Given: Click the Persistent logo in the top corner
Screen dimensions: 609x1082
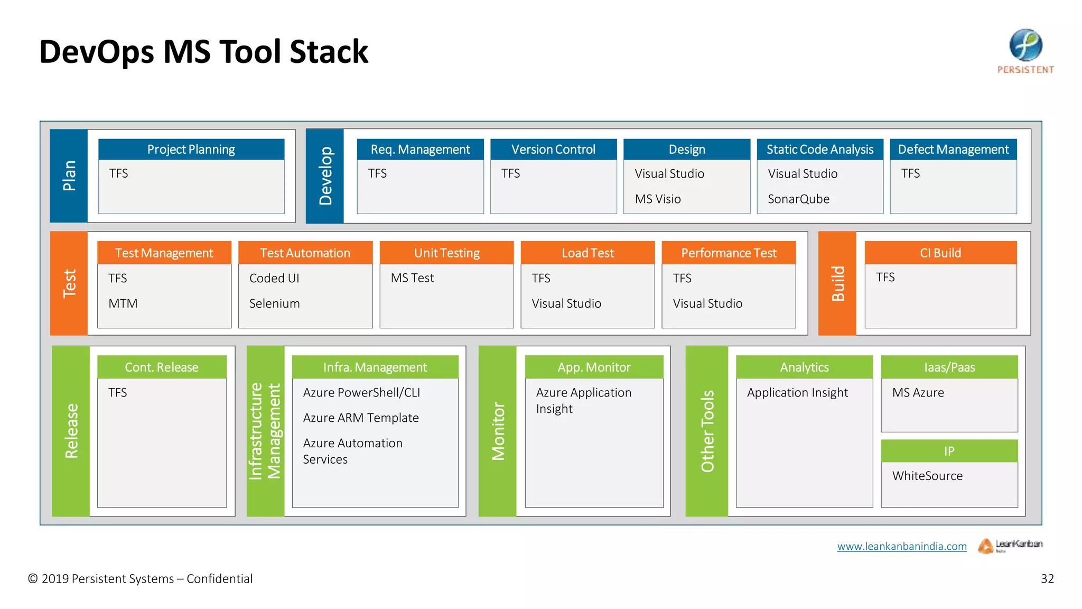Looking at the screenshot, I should [x=1025, y=51].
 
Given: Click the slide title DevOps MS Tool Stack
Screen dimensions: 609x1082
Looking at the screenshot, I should [x=203, y=52].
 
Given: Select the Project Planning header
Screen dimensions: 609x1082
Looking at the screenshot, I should [x=191, y=150].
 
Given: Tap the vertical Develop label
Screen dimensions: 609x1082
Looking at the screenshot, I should [x=325, y=176].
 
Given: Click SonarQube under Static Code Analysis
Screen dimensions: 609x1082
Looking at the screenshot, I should [x=798, y=199].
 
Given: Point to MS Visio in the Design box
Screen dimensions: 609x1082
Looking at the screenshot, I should [x=658, y=199].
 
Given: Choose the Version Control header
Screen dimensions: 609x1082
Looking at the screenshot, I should [x=553, y=150].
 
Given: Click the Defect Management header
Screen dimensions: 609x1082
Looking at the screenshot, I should [x=953, y=150].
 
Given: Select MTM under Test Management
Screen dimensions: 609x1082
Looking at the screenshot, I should [x=123, y=304].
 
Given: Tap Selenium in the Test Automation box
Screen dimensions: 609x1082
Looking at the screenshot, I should [x=274, y=304].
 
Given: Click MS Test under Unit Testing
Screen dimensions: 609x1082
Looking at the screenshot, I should [x=412, y=278].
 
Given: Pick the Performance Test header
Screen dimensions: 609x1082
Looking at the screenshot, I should [x=729, y=253].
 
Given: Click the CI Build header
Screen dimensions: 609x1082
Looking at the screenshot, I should [x=940, y=253].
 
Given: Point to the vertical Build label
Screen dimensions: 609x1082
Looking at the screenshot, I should [x=837, y=283].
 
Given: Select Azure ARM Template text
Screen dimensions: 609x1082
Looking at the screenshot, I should [x=361, y=418].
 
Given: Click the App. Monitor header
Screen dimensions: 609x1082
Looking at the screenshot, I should [x=594, y=367].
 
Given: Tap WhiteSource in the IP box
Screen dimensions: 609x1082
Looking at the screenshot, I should [x=927, y=476].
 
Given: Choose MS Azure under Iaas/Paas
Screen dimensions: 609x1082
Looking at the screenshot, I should [x=918, y=393].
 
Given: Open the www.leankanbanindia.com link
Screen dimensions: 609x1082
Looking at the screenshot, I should [x=902, y=547].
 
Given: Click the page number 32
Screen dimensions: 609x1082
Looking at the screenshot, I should [x=1047, y=579].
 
